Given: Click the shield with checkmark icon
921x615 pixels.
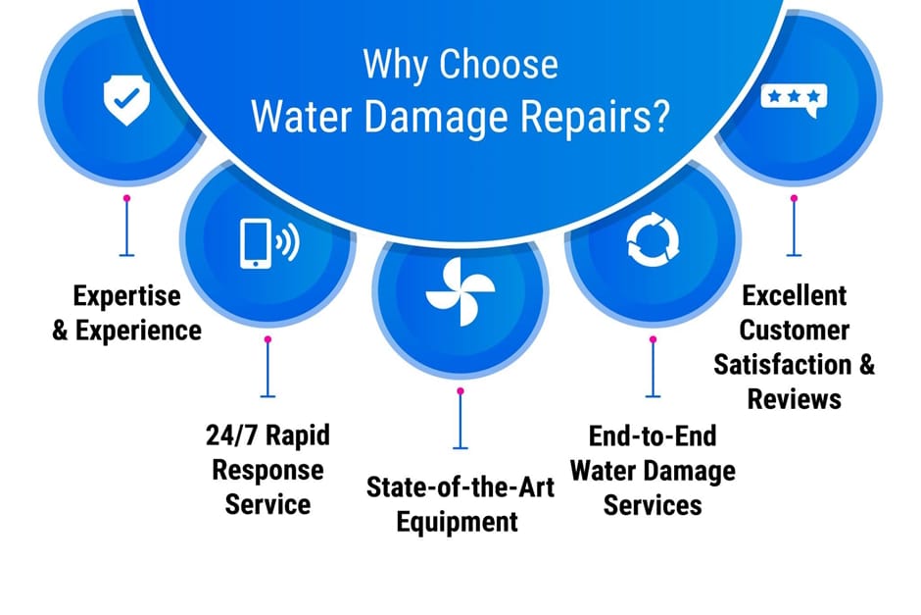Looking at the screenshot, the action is tap(126, 99).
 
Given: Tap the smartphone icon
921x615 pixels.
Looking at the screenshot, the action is tap(256, 243).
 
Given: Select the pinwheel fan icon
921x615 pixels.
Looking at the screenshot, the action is tap(460, 291).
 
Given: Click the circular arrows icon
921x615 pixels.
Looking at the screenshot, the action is tap(653, 240).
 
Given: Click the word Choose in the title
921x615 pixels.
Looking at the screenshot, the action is tap(499, 64).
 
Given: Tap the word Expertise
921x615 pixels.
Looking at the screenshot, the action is tap(126, 295).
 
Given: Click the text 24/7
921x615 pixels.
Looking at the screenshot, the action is tap(231, 436).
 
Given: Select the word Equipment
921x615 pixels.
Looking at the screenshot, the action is tap(457, 522).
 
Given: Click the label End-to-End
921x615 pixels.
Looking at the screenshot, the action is tap(653, 436).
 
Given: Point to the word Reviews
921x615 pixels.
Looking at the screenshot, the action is tap(795, 399).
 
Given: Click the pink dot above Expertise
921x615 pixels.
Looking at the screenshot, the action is tap(126, 199).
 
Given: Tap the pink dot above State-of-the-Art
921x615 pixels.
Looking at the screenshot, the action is tap(460, 391).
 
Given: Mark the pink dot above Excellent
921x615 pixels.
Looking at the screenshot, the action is tap(795, 199).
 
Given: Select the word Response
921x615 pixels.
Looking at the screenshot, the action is tap(267, 471).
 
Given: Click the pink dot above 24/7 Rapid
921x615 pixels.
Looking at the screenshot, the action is tap(267, 339).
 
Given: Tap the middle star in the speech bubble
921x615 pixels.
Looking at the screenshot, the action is tap(795, 95).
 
